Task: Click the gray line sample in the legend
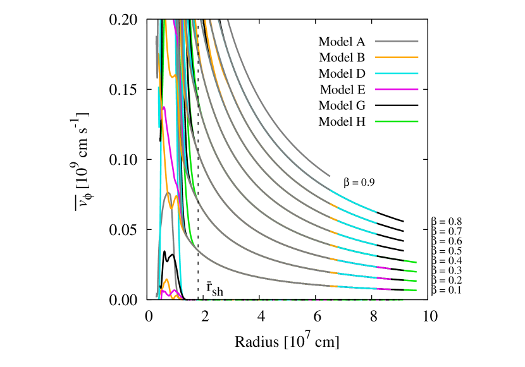pos(397,42)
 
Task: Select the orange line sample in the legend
pos(397,57)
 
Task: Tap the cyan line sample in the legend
pos(397,73)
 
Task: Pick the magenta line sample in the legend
pos(397,89)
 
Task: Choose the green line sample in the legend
pos(397,121)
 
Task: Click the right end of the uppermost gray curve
pos(329,176)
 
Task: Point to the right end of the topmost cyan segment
pos(376,212)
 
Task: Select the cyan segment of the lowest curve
pos(357,287)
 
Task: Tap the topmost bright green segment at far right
pos(410,262)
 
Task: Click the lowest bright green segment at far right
pos(410,290)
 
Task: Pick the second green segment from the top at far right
pos(410,271)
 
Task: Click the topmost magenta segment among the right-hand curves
pos(383,268)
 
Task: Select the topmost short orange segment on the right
pos(333,205)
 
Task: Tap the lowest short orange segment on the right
pos(333,286)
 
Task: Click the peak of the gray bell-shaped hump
pos(168,192)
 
